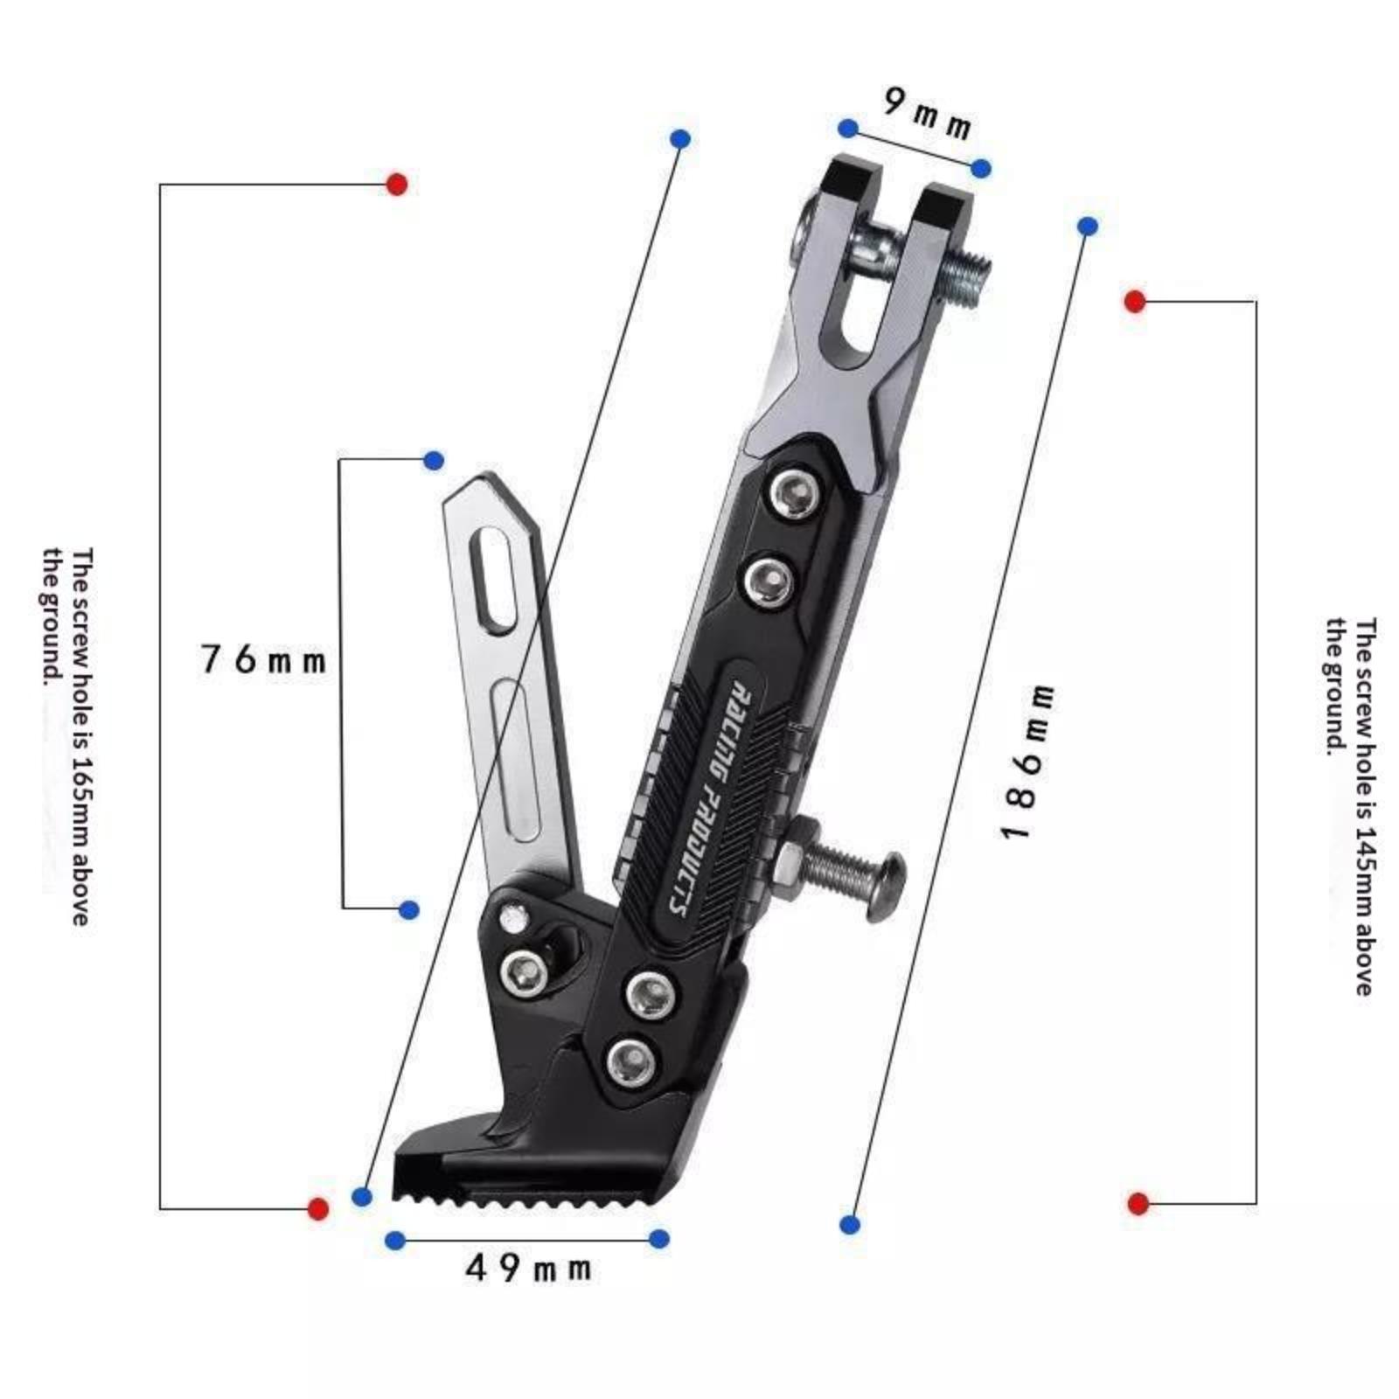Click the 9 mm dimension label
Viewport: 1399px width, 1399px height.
tap(927, 113)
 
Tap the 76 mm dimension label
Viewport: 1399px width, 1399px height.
tap(263, 658)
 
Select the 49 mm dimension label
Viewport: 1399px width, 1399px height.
tap(528, 1268)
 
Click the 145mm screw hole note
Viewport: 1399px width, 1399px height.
tap(1352, 805)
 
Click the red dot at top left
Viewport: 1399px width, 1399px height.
tap(397, 184)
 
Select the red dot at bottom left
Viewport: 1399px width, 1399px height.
tap(318, 1209)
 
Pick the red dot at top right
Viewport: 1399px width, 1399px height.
tap(1135, 302)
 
